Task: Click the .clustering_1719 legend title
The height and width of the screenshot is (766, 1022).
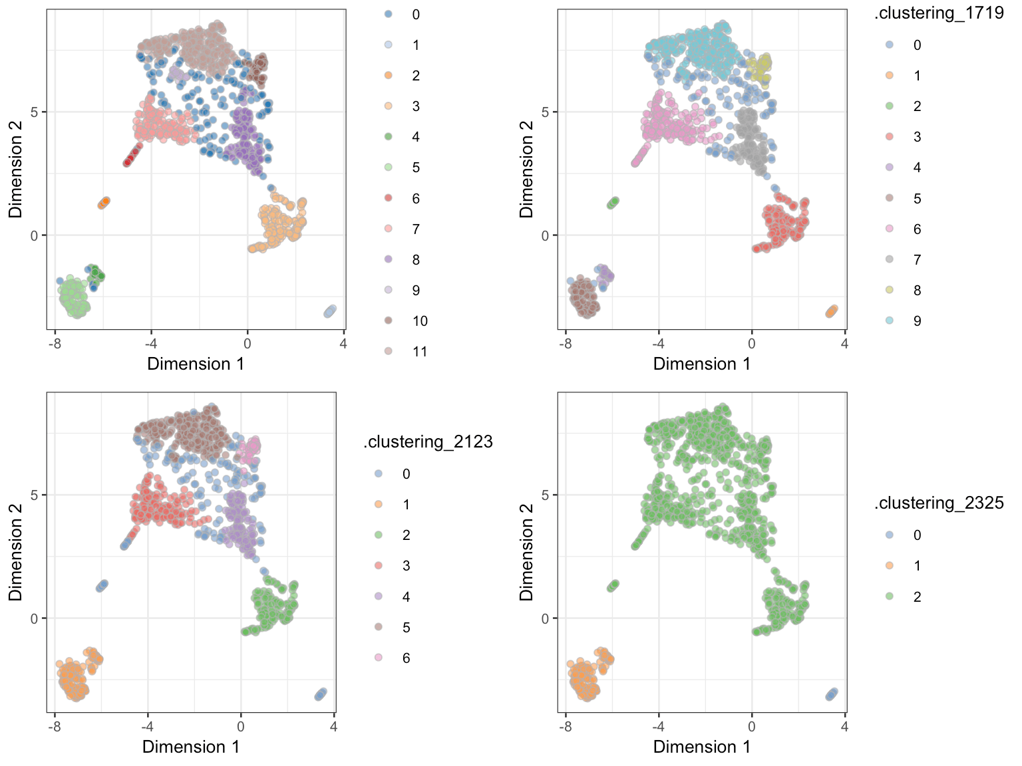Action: tap(939, 13)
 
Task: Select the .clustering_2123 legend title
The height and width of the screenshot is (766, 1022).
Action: tap(428, 442)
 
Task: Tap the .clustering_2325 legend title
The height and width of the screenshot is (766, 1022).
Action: tap(939, 503)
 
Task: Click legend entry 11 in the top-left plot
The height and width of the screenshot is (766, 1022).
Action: tap(419, 352)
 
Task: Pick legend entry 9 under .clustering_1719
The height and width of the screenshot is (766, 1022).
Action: tap(917, 321)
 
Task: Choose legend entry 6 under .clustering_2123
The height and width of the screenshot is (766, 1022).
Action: tap(406, 658)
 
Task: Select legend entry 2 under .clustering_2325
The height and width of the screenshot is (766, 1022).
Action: tap(917, 597)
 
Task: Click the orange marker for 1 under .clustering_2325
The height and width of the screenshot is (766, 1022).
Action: tap(890, 566)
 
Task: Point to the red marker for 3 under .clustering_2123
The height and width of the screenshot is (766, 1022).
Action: tap(379, 566)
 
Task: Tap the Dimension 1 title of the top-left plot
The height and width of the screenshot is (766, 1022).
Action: tap(196, 364)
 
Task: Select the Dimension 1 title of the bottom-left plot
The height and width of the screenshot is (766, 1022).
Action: tap(191, 747)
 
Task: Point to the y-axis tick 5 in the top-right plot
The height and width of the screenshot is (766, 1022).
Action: tap(545, 112)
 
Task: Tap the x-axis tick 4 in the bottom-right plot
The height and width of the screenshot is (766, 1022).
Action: tap(844, 727)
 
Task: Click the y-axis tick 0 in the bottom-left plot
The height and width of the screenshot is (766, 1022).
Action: tap(34, 618)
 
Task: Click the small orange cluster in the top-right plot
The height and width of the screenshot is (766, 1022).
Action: tap(832, 311)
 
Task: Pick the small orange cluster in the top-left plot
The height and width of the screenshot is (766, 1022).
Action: tap(103, 203)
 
